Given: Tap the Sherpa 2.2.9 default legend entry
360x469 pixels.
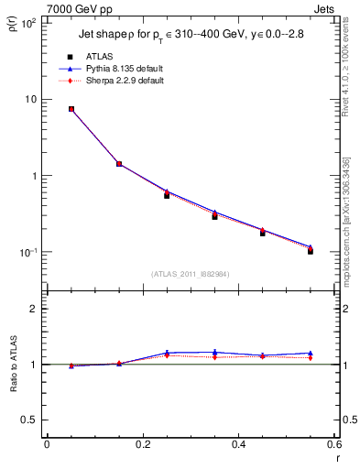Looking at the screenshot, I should tap(114, 81).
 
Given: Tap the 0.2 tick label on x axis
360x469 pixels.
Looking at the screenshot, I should tap(142, 444).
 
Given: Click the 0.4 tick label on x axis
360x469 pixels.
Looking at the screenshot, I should tap(238, 444).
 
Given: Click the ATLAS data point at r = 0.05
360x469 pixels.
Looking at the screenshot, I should tap(71, 109).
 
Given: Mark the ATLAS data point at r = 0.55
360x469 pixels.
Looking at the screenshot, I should tap(311, 250).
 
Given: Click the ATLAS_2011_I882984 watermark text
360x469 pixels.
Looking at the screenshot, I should tap(191, 274).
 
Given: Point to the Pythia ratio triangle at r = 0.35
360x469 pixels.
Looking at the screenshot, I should tap(215, 352).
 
